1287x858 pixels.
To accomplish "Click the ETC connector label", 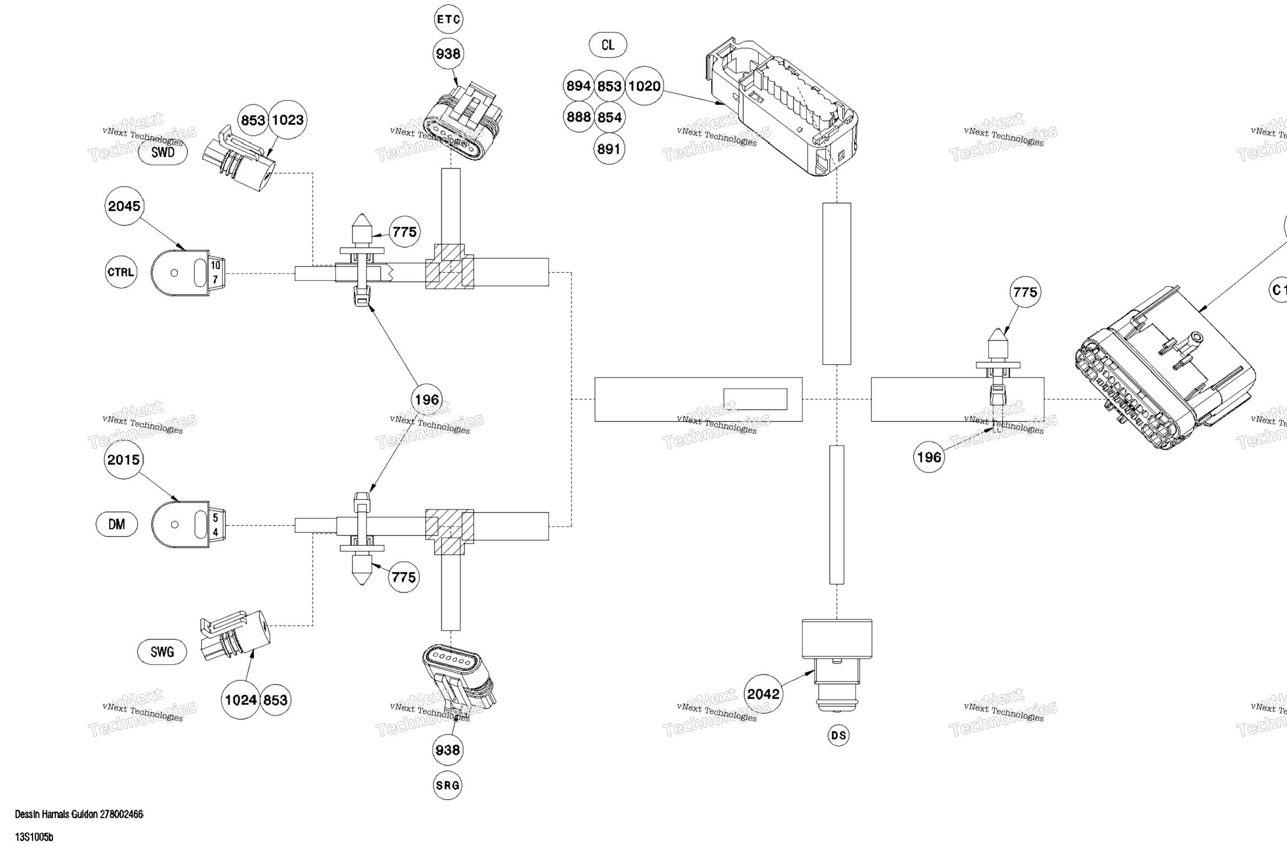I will point(449,20).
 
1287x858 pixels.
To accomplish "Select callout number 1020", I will point(644,86).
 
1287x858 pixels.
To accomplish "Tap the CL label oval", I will point(608,45).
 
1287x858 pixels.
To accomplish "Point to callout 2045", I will point(124,206).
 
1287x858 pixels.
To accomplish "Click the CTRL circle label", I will point(121,272).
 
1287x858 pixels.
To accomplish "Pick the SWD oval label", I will point(163,152).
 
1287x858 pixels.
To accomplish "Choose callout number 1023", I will point(288,120).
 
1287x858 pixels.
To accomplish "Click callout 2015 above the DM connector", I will point(123,460).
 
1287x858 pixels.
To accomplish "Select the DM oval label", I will point(116,525).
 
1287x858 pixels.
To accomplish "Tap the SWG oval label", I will point(162,652).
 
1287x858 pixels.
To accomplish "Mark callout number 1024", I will point(241,700).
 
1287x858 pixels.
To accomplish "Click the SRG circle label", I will point(448,785).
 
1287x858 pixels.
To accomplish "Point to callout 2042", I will point(763,694).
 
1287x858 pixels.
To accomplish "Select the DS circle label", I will point(838,736).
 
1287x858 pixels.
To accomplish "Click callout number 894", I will point(578,86).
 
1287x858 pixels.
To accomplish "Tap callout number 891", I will point(609,149).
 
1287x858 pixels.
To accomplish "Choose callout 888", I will point(578,117).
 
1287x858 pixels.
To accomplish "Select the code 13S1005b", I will point(34,837).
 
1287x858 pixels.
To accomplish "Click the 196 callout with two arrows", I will point(427,400).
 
